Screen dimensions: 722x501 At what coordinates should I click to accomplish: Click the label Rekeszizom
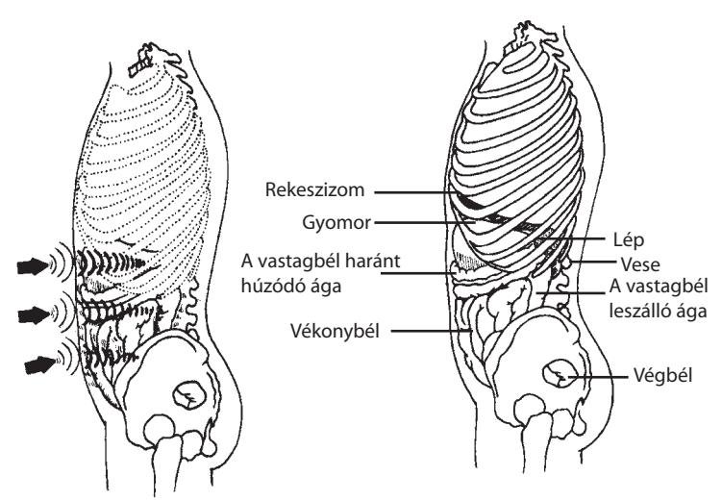[314, 189]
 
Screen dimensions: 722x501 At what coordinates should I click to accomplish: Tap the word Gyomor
[336, 223]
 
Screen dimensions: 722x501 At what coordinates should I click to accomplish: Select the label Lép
[629, 239]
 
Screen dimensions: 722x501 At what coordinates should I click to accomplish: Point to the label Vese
[640, 264]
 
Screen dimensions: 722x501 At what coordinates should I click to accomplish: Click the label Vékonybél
[335, 331]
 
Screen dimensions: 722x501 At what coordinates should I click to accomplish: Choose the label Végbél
[663, 375]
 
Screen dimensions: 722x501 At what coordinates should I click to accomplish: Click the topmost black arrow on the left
[33, 265]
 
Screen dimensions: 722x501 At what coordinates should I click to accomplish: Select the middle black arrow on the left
[34, 315]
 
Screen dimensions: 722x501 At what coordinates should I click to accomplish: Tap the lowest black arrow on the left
[39, 364]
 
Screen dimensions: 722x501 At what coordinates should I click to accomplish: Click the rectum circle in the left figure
[189, 394]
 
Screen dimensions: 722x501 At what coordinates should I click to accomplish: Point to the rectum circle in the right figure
[559, 374]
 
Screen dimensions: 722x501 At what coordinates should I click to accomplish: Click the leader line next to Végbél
[596, 377]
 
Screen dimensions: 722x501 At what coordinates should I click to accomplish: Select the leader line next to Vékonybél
[432, 330]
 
